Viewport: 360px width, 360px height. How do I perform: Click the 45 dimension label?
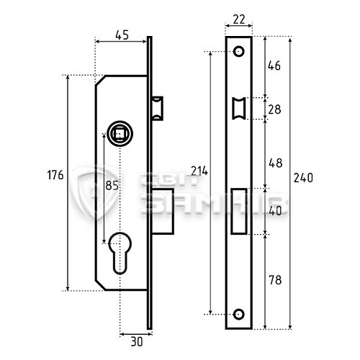122,35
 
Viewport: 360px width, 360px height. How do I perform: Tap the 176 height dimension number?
55,175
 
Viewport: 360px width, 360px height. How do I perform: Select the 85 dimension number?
112,185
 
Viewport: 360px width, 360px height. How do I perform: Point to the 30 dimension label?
137,342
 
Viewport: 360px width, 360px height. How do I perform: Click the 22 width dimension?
239,19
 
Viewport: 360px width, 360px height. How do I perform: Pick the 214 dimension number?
199,171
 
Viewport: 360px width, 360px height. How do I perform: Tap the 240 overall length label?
303,178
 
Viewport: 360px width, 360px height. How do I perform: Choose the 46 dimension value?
274,66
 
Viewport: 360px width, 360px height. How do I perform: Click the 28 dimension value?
274,109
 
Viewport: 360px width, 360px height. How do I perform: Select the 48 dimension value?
276,163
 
